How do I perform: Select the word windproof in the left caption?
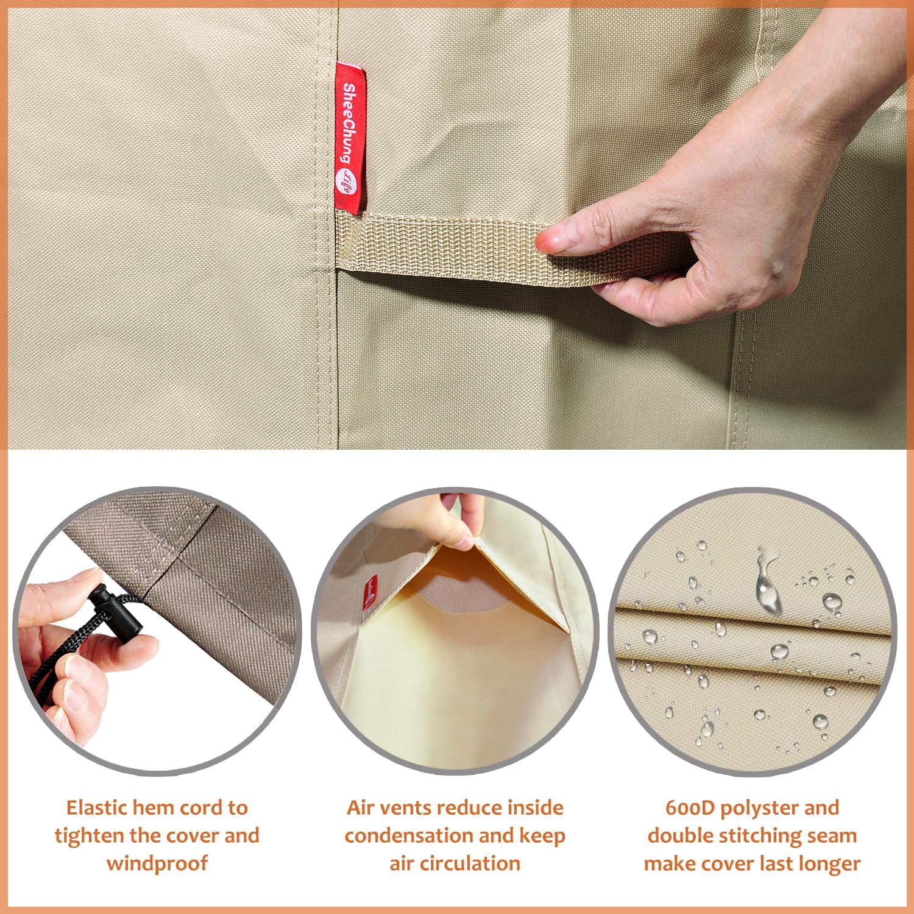tap(157, 863)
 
